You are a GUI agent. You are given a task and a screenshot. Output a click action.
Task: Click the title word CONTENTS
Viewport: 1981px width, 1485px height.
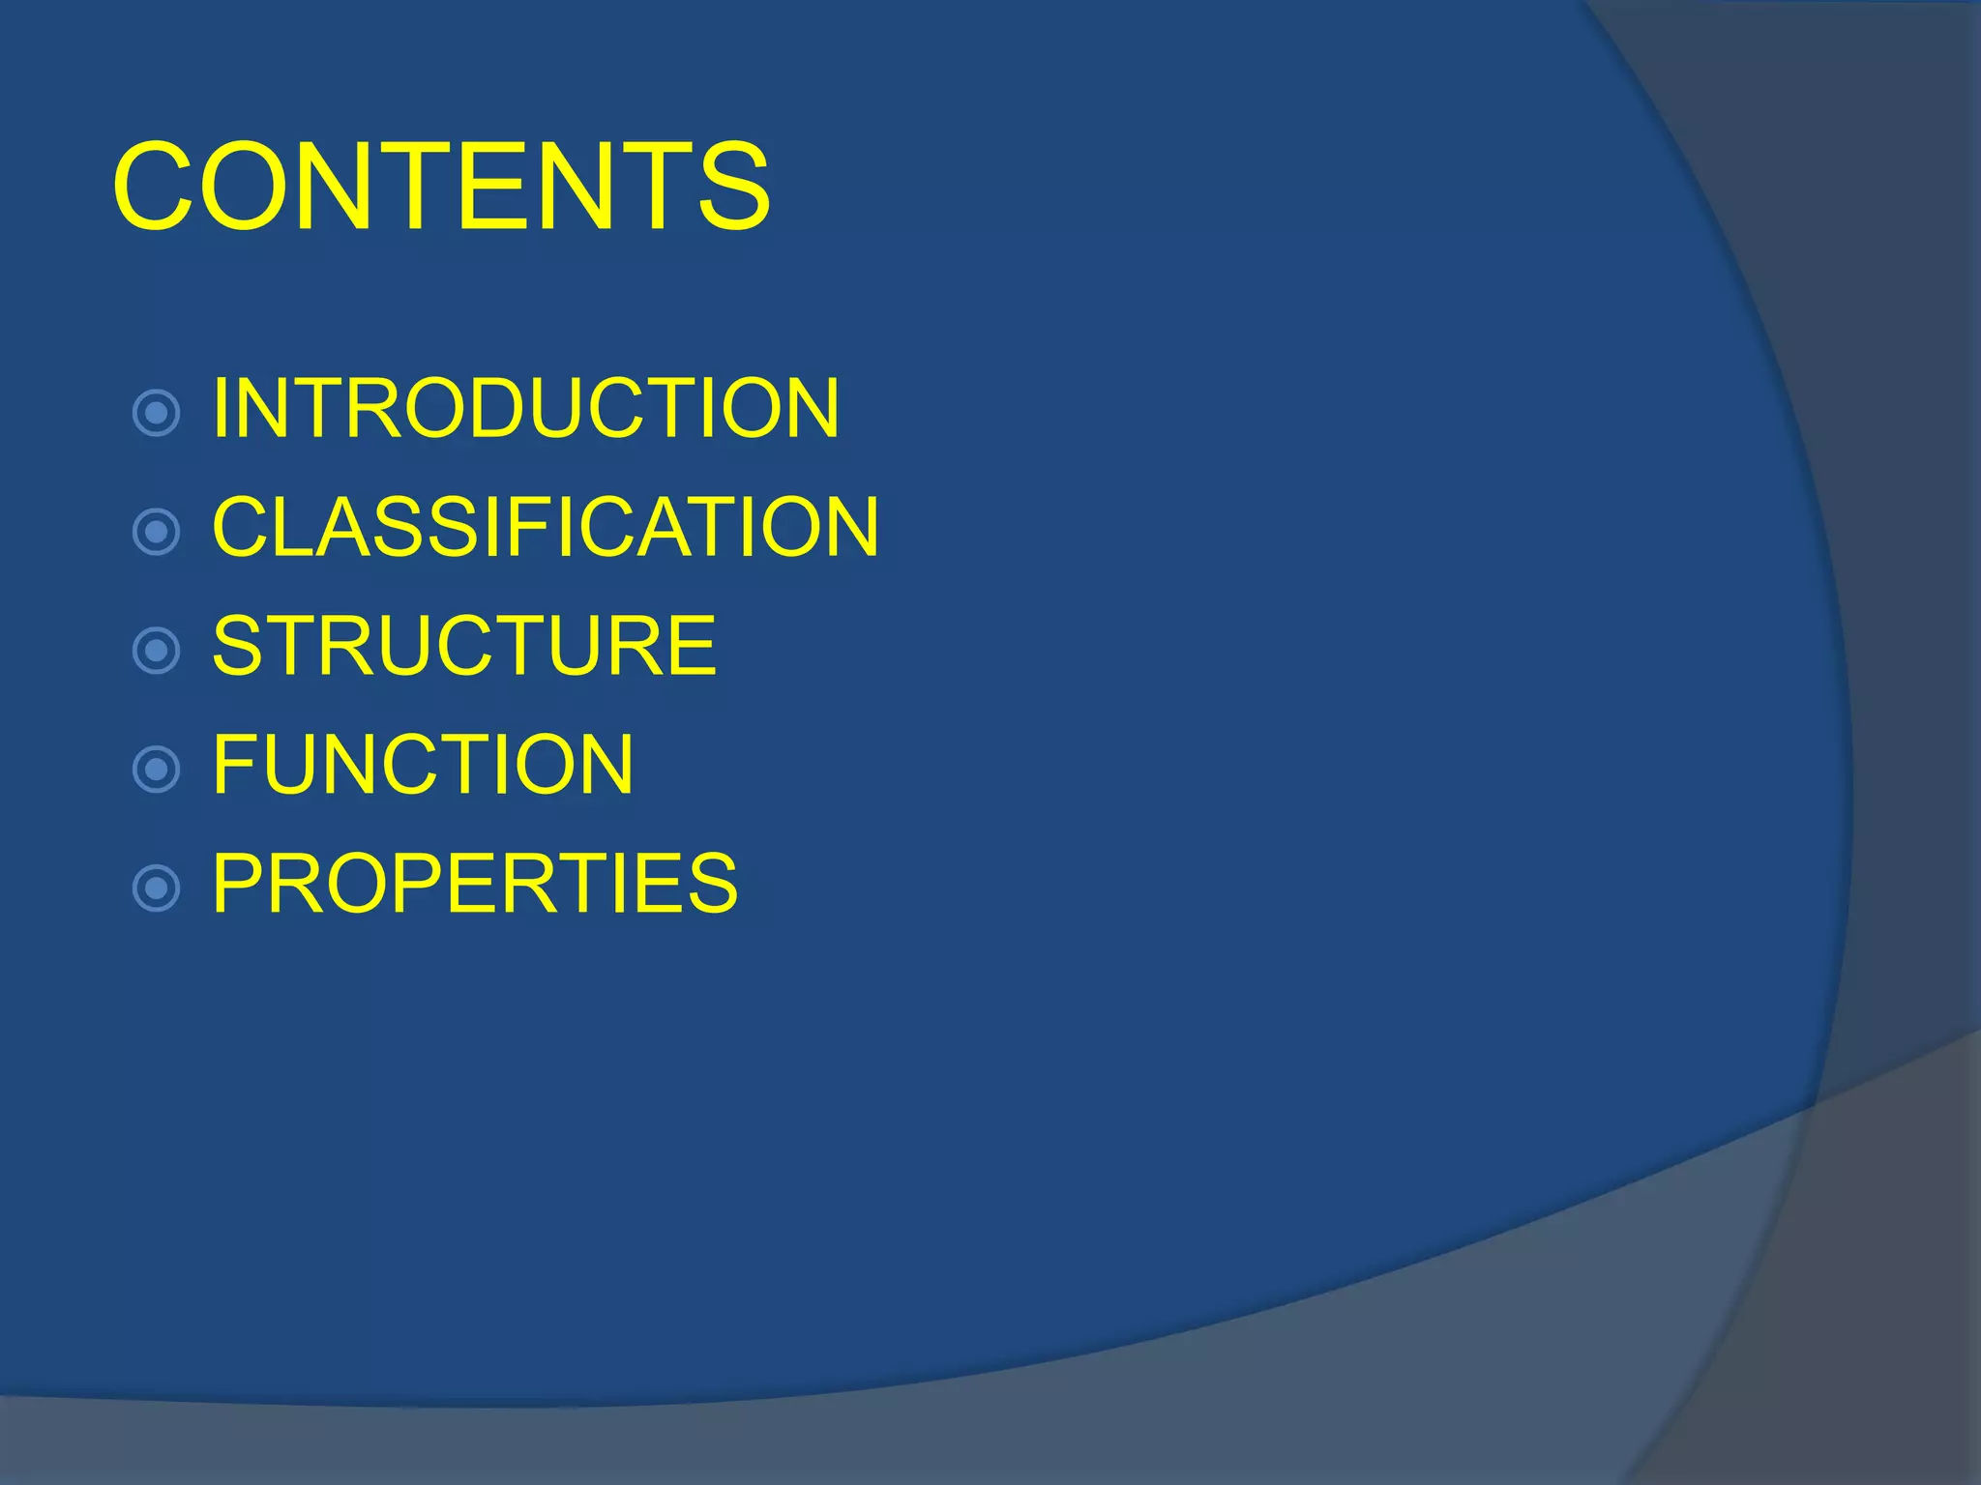(441, 186)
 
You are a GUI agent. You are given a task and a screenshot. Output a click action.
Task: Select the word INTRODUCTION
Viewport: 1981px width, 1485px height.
(525, 408)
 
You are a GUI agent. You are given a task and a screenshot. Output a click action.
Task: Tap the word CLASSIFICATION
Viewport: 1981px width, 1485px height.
(546, 527)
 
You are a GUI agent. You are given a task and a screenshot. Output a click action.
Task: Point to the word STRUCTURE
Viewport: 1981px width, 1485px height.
(464, 646)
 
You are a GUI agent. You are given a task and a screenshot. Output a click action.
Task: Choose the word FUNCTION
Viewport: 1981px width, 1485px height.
(423, 765)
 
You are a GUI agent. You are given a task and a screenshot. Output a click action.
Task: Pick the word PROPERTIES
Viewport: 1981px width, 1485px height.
(475, 883)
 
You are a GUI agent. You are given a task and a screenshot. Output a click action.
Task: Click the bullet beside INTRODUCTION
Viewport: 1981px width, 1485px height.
(156, 414)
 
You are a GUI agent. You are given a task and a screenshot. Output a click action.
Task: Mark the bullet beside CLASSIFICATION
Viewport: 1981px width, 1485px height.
(156, 532)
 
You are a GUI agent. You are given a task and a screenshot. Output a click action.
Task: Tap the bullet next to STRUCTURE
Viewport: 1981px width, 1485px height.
(156, 651)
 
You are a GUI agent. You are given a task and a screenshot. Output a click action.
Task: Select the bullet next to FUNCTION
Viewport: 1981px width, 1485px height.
(156, 770)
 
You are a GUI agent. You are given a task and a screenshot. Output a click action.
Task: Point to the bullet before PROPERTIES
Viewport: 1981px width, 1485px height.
(156, 888)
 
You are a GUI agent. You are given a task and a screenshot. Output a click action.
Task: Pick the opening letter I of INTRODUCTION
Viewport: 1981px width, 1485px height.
(220, 408)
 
